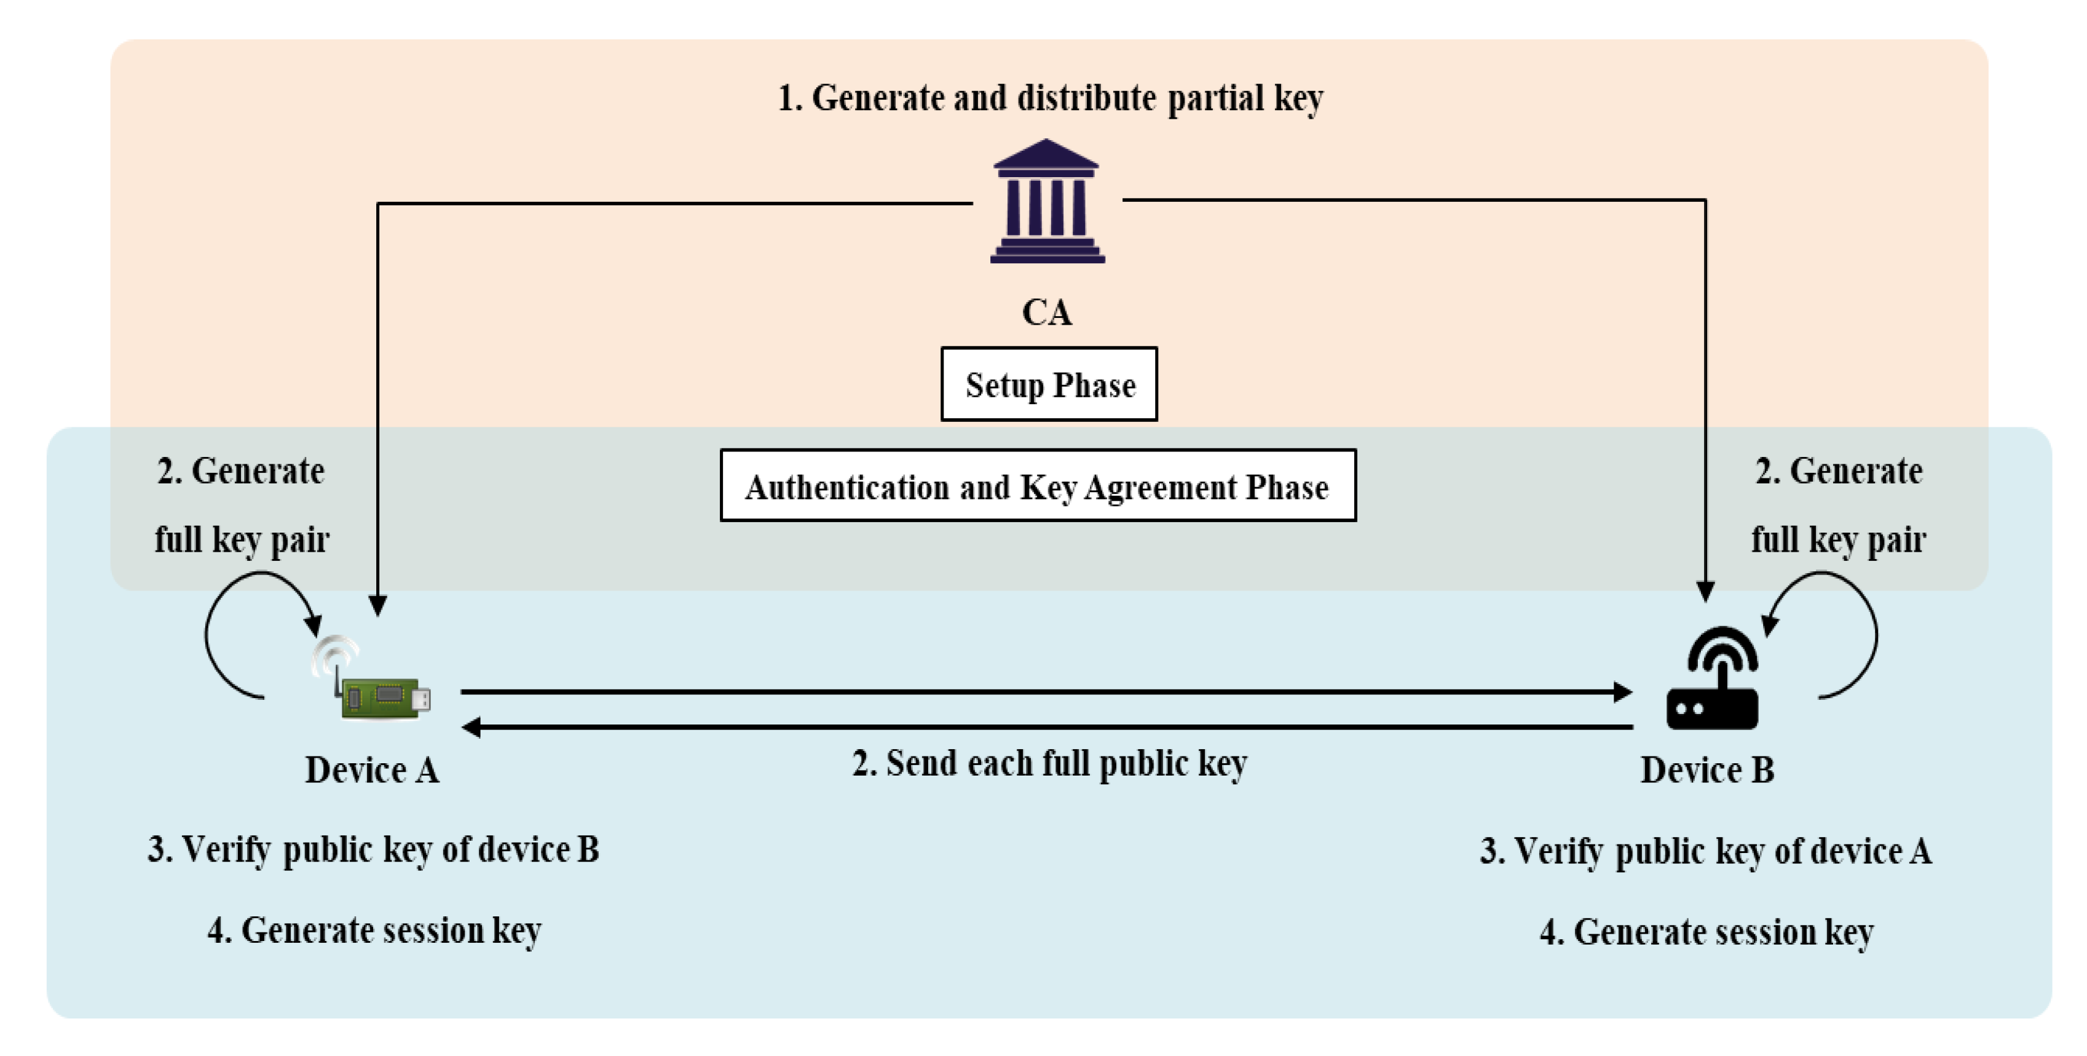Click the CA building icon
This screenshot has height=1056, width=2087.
click(1047, 202)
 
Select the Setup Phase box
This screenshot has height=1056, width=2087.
click(1049, 384)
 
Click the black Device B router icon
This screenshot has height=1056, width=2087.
click(1712, 681)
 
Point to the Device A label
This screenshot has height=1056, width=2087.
click(372, 770)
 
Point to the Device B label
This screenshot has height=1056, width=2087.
click(1707, 770)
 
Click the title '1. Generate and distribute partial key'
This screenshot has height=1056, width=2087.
click(1050, 98)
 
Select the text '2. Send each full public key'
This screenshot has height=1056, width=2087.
click(1049, 763)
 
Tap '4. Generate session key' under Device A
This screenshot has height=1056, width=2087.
click(374, 931)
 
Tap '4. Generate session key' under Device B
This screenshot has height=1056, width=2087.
click(1706, 932)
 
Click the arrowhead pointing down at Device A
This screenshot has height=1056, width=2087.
click(377, 605)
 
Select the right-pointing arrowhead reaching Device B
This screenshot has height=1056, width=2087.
click(1622, 692)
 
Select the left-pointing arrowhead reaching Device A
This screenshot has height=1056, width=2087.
click(471, 727)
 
